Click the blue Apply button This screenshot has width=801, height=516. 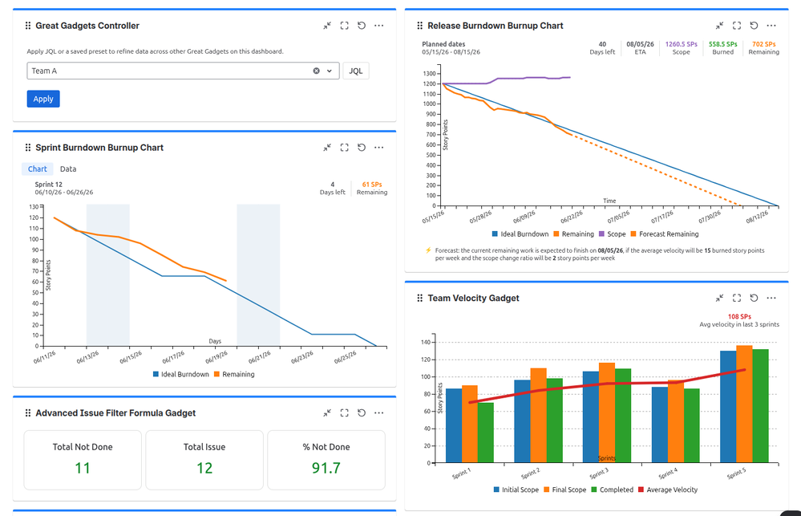pos(43,99)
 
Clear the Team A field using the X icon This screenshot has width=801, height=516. pos(316,71)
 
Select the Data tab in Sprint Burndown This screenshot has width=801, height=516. pos(68,169)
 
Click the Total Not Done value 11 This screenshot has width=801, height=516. pos(83,468)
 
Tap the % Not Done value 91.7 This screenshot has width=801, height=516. pos(326,468)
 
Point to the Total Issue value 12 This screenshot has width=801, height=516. pos(204,468)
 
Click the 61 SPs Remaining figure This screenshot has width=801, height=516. pos(372,185)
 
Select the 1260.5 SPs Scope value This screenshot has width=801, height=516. pos(681,44)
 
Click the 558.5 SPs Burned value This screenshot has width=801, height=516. pos(723,44)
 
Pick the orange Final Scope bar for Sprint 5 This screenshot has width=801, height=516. pos(744,404)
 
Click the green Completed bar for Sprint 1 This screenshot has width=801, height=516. pos(486,433)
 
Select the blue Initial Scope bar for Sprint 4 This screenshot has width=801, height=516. pos(660,425)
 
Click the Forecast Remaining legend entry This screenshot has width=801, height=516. pos(665,234)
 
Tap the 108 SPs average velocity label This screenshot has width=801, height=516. pos(739,316)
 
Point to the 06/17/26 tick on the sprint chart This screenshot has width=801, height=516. pos(173,356)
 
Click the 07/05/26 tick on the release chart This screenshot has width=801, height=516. pos(618,217)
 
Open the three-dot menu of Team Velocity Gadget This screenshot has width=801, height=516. pos(771,298)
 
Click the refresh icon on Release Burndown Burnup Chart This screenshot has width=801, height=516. pos(754,26)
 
